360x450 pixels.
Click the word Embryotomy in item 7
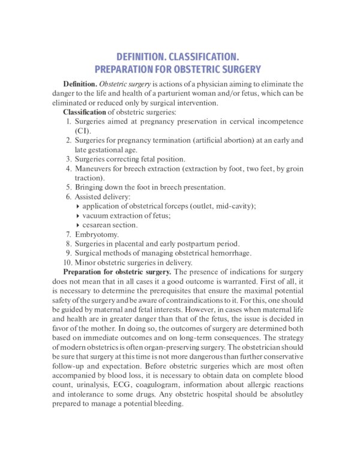pyautogui.click(x=97, y=234)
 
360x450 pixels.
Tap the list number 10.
pyautogui.click(x=67, y=262)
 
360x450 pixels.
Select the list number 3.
pyautogui.click(x=69, y=159)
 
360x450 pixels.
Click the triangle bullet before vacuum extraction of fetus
pyautogui.click(x=78, y=215)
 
